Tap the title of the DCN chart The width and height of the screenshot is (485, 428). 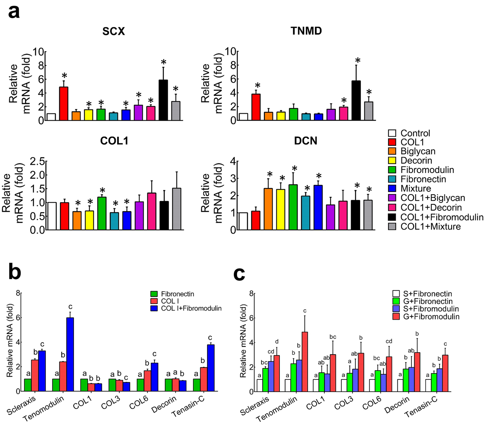pyautogui.click(x=305, y=141)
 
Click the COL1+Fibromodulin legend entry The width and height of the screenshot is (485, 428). pyautogui.click(x=442, y=217)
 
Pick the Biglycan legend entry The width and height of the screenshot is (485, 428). pyautogui.click(x=418, y=151)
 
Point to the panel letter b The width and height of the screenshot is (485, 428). pyautogui.click(x=14, y=272)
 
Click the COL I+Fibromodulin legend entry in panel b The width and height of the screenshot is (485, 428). pyautogui.click(x=191, y=308)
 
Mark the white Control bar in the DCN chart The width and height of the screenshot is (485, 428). pyautogui.click(x=243, y=221)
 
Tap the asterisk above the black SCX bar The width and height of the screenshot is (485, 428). pyautogui.click(x=163, y=62)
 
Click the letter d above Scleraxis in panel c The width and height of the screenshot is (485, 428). pyautogui.click(x=277, y=342)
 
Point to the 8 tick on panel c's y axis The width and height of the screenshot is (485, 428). pyautogui.click(x=251, y=294)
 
